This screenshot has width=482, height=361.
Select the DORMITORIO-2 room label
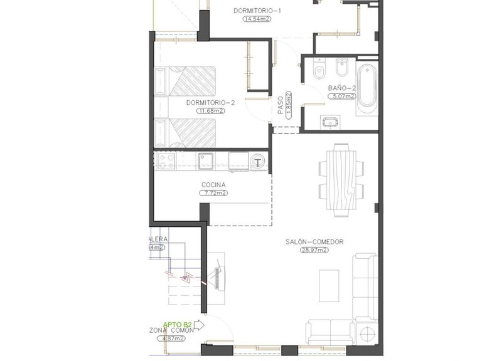point(210,102)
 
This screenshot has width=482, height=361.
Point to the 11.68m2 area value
point(210,111)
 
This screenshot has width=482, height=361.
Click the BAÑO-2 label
point(342,88)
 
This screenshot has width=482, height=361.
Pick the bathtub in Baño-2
point(367,88)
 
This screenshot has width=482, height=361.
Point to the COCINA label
point(213,185)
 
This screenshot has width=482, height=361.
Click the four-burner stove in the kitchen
point(167,161)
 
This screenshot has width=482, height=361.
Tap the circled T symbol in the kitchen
point(259,162)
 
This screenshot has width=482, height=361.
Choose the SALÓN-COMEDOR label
point(314,241)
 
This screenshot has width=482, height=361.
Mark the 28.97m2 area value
point(314,250)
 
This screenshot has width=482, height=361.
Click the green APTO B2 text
point(177,325)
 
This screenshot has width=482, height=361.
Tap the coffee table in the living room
point(329,285)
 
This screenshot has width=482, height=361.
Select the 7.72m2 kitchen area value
point(213,194)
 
